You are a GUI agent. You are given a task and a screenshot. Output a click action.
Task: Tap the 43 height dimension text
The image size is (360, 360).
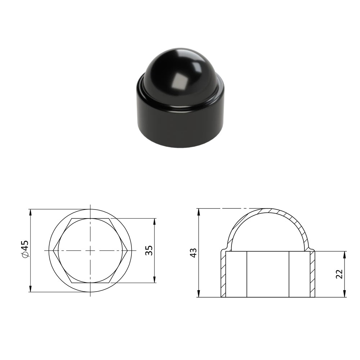[x=194, y=253]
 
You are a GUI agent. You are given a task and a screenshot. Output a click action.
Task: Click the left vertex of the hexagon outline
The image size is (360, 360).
[x=53, y=251]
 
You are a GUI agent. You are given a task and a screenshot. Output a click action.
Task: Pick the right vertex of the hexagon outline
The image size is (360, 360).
[x=128, y=251]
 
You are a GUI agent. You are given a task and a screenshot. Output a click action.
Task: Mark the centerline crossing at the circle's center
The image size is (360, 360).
[x=90, y=251]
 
